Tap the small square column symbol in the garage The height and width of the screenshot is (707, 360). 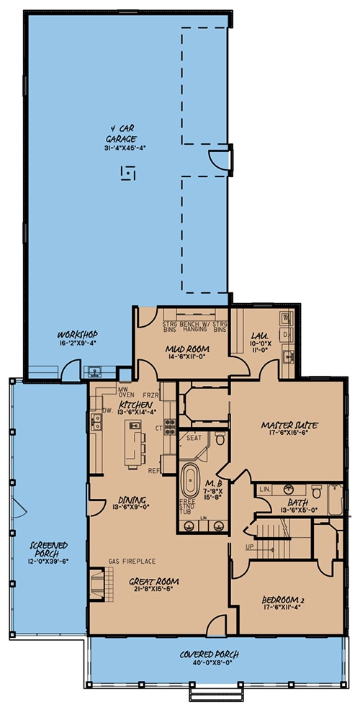click(x=127, y=173)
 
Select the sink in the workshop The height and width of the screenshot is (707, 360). click(x=93, y=371)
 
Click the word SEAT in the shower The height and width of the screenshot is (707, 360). click(x=193, y=438)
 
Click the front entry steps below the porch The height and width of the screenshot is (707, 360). click(x=210, y=695)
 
